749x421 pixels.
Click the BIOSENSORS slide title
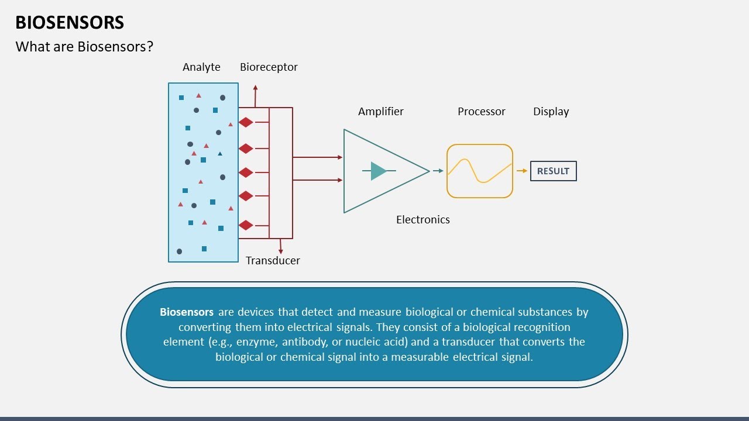[70, 22]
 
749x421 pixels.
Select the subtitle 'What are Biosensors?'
[84, 47]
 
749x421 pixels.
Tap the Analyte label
[201, 67]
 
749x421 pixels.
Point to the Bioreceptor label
[269, 67]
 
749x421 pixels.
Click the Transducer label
[273, 260]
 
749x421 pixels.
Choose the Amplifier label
[381, 111]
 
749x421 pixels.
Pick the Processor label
[482, 111]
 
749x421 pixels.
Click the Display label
[551, 111]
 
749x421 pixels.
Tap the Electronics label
[423, 219]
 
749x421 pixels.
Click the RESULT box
[553, 171]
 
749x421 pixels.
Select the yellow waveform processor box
[480, 171]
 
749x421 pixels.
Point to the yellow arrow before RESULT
[521, 171]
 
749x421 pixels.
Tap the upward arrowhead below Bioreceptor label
[255, 88]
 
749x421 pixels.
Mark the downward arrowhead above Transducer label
[281, 251]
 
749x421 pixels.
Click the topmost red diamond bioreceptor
[246, 122]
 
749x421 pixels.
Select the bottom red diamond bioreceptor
[246, 225]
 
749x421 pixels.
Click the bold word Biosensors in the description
[187, 312]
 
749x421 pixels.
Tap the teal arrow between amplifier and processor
[438, 171]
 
